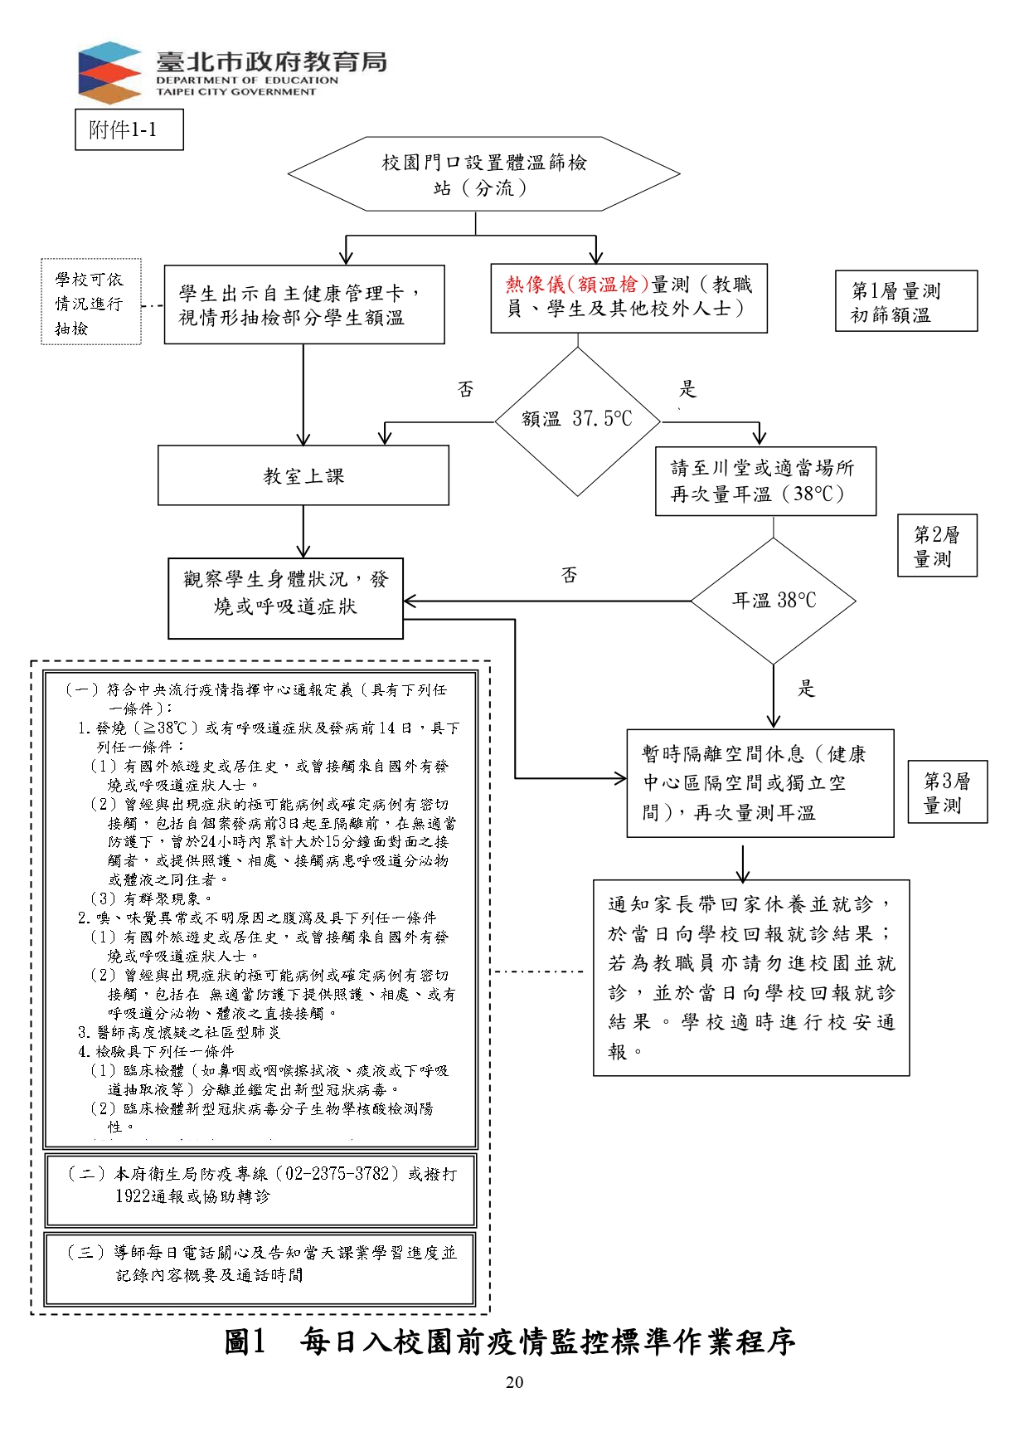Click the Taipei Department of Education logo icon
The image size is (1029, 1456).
(x=109, y=72)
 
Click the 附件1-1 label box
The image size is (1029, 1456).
(x=129, y=129)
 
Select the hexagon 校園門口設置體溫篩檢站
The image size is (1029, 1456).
(x=483, y=174)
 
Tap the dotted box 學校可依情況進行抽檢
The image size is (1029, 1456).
(x=91, y=301)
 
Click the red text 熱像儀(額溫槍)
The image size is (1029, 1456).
(x=577, y=285)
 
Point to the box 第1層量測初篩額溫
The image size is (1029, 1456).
(x=906, y=301)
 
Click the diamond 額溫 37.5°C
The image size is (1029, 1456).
(x=578, y=421)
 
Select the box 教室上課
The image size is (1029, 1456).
(x=303, y=475)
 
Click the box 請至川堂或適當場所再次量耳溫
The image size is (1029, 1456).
(x=765, y=481)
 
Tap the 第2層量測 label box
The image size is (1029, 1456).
(x=937, y=545)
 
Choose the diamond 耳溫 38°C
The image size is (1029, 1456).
(x=774, y=601)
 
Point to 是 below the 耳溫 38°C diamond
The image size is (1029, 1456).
(x=806, y=688)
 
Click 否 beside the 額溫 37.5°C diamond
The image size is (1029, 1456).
(x=466, y=389)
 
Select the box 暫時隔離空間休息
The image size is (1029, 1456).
(x=760, y=783)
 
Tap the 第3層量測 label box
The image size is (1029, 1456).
(x=948, y=791)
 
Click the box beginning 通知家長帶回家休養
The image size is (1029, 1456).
(x=751, y=978)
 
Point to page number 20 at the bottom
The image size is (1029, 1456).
(x=514, y=1382)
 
